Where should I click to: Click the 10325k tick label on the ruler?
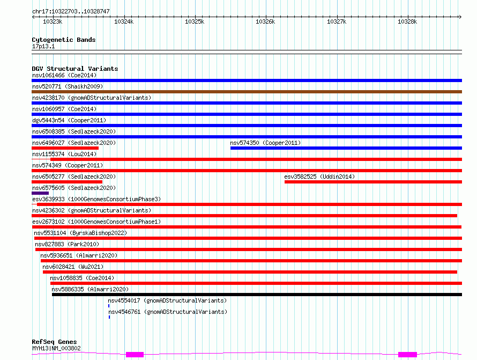pyautogui.click(x=195, y=21)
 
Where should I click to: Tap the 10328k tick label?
pyautogui.click(x=407, y=21)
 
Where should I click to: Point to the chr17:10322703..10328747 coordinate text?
pyautogui.click(x=71, y=11)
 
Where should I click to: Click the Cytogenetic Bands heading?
pyautogui.click(x=64, y=40)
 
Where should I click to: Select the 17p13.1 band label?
pyautogui.click(x=43, y=46)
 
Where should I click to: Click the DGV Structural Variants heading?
pyautogui.click(x=75, y=69)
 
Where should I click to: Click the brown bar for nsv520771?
pyautogui.click(x=247, y=92)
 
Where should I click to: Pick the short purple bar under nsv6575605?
pyautogui.click(x=40, y=193)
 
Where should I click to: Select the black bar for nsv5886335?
pyautogui.click(x=257, y=295)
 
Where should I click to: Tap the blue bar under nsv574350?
pyautogui.click(x=346, y=148)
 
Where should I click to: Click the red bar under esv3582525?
pyautogui.click(x=373, y=182)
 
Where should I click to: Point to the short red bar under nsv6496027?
pyautogui.click(x=65, y=148)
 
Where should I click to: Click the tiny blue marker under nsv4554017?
pyautogui.click(x=109, y=306)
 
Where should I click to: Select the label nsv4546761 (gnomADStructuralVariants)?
pyautogui.click(x=168, y=312)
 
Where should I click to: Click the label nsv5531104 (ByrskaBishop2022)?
pyautogui.click(x=80, y=233)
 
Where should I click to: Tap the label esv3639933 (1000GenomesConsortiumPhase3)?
pyautogui.click(x=96, y=199)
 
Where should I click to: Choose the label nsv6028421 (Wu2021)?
pyautogui.click(x=73, y=267)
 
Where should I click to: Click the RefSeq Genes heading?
pyautogui.click(x=54, y=342)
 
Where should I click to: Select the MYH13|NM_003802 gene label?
pyautogui.click(x=56, y=348)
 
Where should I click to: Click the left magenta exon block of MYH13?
pyautogui.click(x=135, y=355)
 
